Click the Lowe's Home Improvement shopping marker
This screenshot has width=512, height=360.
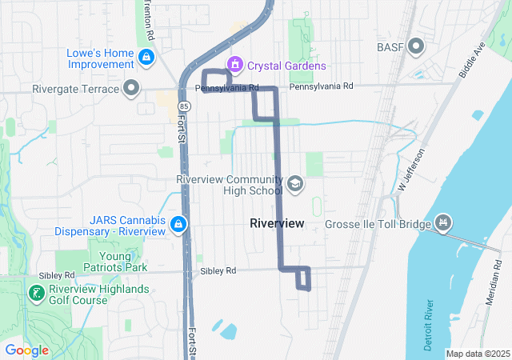[x=146, y=58]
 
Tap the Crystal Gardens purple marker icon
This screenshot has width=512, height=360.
[x=235, y=64]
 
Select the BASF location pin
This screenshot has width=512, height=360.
[x=415, y=46]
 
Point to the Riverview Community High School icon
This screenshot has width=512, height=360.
[x=294, y=185]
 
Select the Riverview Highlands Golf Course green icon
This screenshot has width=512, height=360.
[x=36, y=294]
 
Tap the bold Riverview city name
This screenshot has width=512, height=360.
[x=277, y=224]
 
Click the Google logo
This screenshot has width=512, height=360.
[x=26, y=350]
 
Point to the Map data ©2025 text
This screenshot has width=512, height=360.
[x=478, y=354]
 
